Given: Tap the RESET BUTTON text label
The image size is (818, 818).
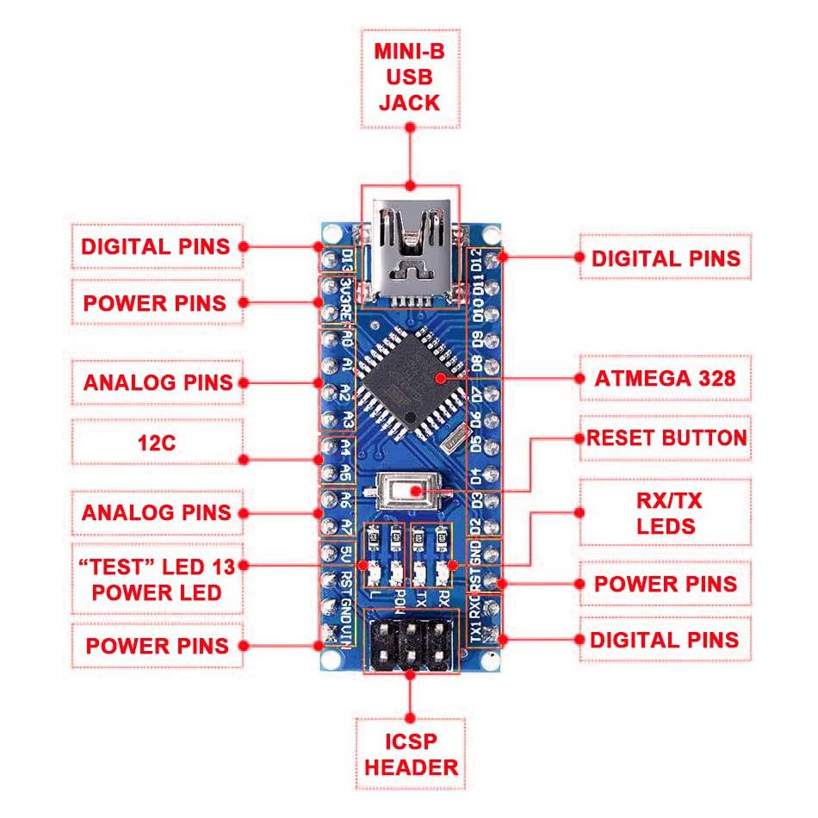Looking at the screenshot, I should (666, 437).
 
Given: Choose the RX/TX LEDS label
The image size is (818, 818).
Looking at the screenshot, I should (666, 513).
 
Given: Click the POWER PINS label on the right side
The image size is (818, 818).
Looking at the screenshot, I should (666, 584).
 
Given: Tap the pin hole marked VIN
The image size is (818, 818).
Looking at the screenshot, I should (328, 635).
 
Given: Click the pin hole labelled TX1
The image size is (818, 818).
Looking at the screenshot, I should (492, 635).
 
